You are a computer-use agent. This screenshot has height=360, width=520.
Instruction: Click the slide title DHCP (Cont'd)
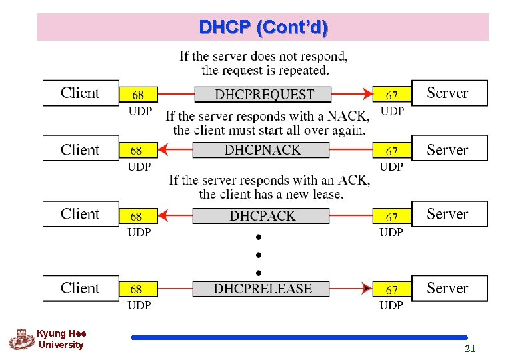(263, 27)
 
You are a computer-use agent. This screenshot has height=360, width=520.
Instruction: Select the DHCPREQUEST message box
(263, 94)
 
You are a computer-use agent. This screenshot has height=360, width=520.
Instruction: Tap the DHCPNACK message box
(261, 150)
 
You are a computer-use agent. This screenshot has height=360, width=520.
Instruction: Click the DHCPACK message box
(261, 215)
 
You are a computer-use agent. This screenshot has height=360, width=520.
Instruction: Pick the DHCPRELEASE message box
(262, 289)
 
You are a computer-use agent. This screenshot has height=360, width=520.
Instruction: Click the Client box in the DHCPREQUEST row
(80, 93)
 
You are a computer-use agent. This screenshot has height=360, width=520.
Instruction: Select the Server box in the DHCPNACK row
(449, 149)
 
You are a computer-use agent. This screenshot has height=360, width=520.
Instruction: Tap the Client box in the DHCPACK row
(80, 214)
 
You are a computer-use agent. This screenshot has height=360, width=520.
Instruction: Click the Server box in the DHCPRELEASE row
(449, 288)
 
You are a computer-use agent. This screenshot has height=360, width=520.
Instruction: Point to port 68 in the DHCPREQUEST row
(137, 95)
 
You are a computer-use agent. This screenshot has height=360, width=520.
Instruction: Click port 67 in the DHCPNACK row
(392, 151)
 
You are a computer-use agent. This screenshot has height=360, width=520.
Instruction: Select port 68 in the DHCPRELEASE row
(137, 289)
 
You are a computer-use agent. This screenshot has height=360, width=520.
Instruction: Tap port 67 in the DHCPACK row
(392, 217)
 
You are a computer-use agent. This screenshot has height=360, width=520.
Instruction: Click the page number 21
(470, 348)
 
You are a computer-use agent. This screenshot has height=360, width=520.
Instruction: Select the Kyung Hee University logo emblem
(21, 339)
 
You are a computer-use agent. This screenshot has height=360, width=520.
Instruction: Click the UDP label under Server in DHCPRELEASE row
(391, 305)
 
